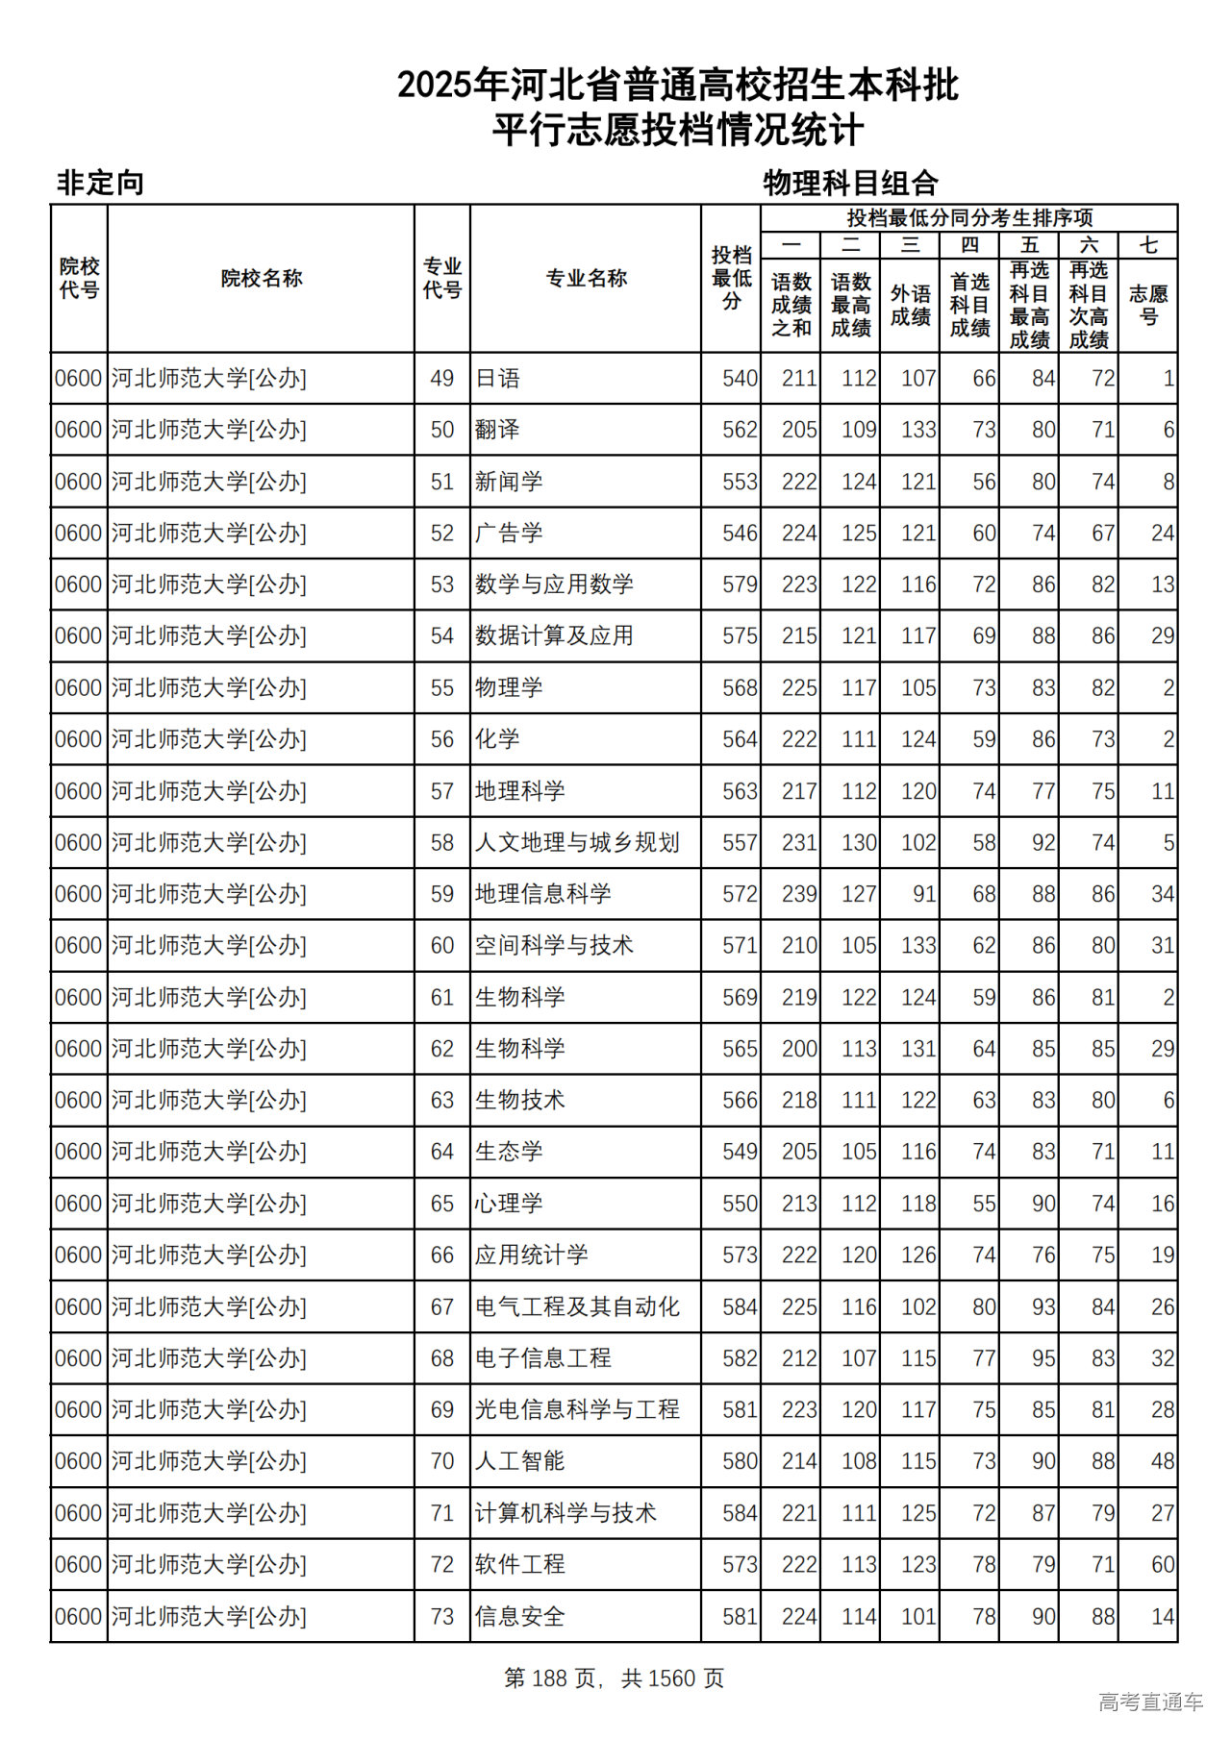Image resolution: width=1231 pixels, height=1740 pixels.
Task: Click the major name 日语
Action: point(497,379)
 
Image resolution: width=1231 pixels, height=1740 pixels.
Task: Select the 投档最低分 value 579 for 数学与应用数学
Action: point(740,584)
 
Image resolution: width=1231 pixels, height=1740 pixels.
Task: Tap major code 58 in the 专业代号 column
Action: point(441,843)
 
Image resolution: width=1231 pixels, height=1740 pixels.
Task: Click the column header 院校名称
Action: point(261,279)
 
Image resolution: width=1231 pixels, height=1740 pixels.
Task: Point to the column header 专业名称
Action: point(586,279)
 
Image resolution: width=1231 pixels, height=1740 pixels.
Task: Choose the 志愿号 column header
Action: point(1148,305)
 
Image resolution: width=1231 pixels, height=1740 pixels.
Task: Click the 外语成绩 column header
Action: point(910,305)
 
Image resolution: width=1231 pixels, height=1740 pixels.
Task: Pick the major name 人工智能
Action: point(519,1461)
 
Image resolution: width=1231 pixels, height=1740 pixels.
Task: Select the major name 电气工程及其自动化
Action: point(577,1306)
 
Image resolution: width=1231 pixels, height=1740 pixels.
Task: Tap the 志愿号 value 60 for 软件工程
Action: point(1163,1565)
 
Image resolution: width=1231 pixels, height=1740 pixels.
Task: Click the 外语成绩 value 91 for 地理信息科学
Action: point(924,894)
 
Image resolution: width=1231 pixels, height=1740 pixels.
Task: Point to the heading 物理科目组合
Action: point(850,183)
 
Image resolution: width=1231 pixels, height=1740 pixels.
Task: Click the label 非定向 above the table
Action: point(100,183)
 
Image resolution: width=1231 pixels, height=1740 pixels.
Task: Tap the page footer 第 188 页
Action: point(550,1678)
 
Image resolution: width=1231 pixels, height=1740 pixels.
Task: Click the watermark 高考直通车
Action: point(1150,1703)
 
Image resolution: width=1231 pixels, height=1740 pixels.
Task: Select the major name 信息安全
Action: point(519,1617)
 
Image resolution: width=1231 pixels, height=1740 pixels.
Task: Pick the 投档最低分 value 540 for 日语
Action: point(740,379)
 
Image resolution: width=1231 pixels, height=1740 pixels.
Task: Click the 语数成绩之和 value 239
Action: point(799,894)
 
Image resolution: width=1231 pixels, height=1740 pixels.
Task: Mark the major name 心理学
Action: point(509,1204)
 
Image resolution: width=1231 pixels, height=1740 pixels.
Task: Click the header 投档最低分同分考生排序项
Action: point(968,218)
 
